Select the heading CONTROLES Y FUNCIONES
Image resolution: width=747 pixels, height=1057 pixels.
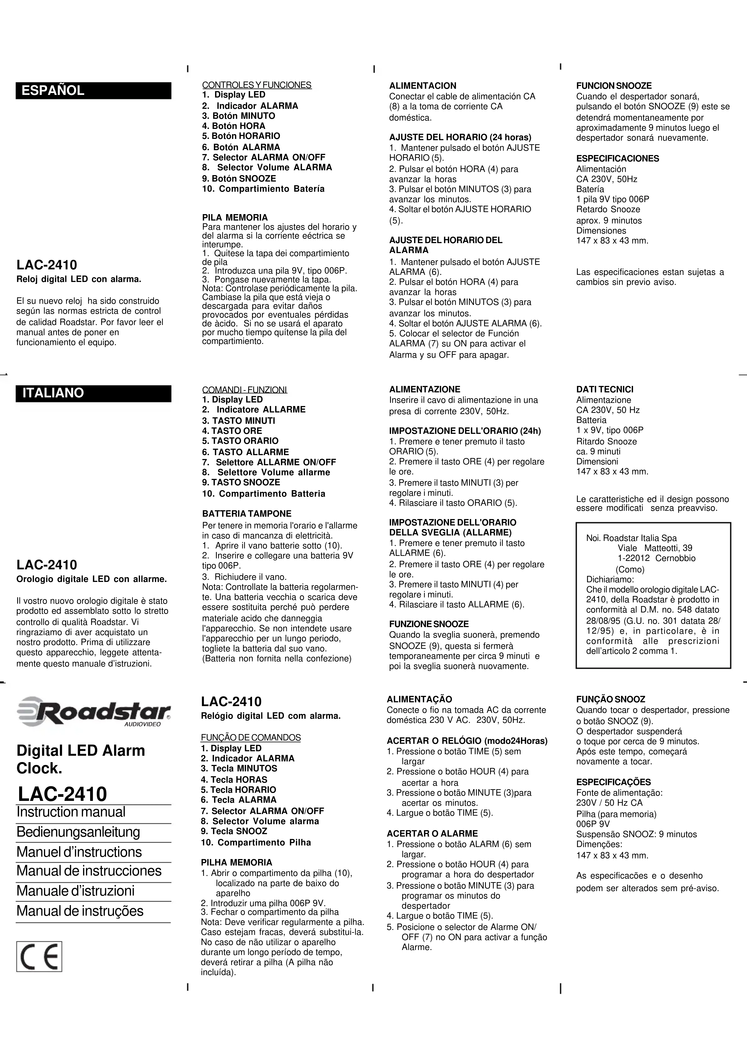point(256,85)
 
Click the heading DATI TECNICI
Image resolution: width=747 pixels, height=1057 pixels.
point(605,389)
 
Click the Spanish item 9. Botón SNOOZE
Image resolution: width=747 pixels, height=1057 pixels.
point(239,179)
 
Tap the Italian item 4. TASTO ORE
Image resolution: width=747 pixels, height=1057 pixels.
point(232,431)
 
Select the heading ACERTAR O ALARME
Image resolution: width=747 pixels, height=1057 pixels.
point(432,833)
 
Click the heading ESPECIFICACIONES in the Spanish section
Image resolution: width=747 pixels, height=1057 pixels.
point(617,158)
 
